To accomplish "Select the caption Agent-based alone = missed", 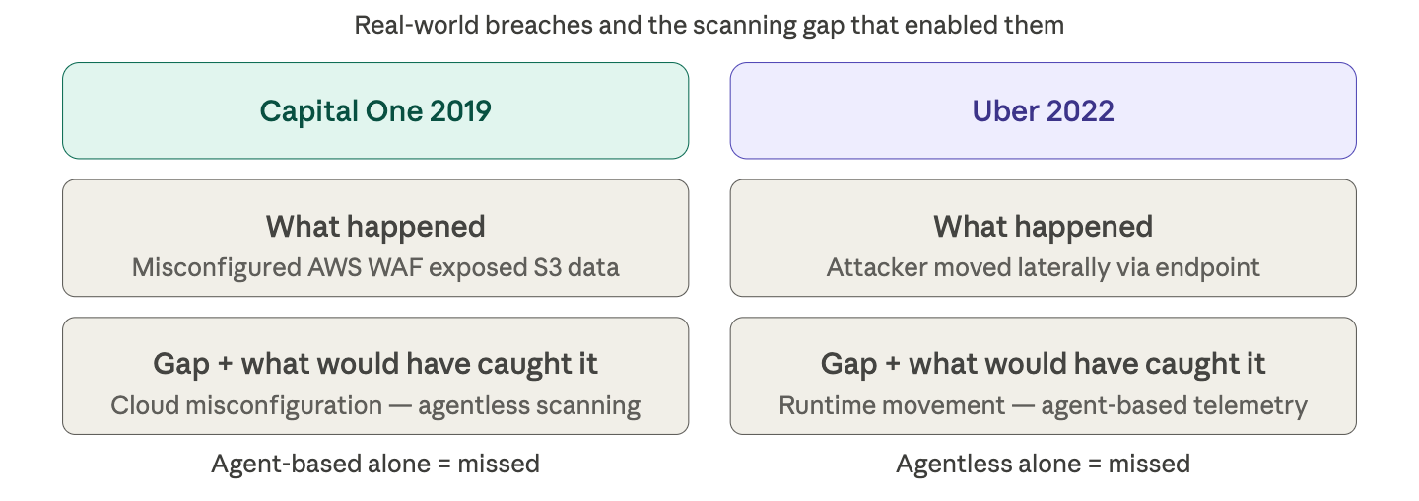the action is [x=375, y=464].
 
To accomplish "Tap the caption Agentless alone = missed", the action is [x=1043, y=464].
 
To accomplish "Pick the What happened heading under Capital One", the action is [x=375, y=227].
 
